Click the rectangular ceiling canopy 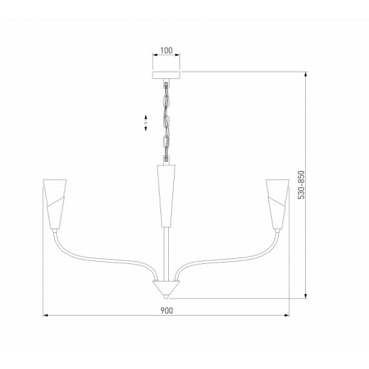click(166, 74)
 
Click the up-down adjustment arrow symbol click(145, 121)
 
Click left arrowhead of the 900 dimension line click(44, 314)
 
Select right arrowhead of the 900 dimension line click(289, 314)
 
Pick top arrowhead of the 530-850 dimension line click(306, 72)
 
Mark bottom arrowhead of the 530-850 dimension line click(306, 297)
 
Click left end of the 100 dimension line click(153, 57)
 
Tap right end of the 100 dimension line click(180, 57)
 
